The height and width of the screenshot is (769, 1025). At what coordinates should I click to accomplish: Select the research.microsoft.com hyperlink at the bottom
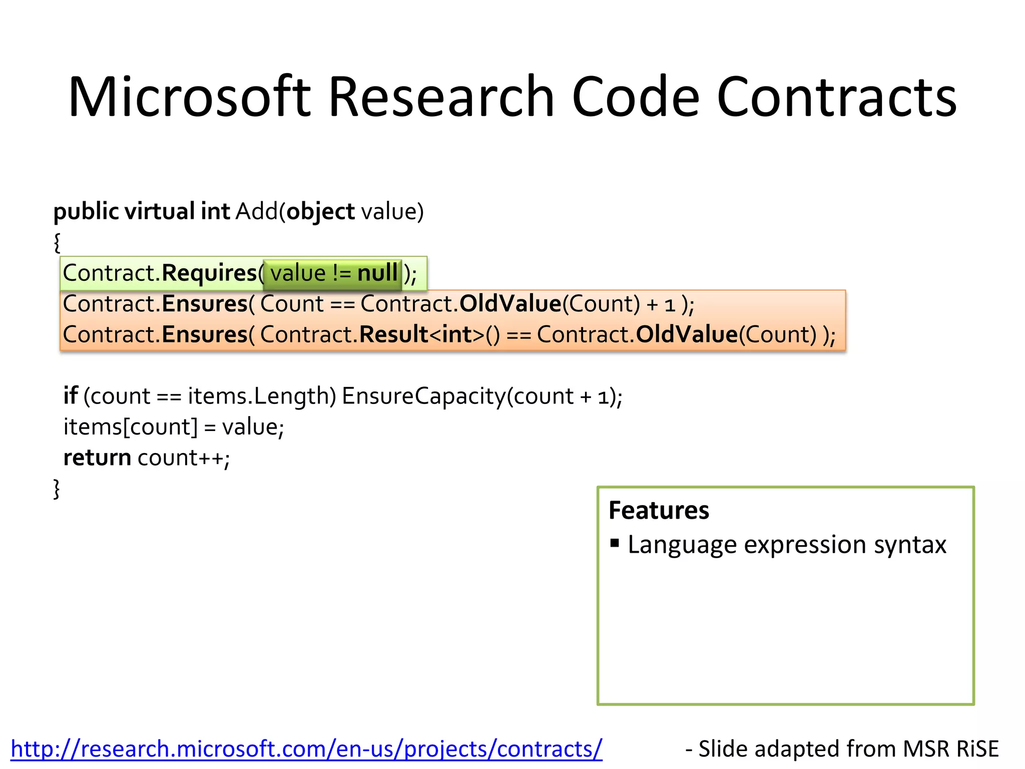pyautogui.click(x=306, y=749)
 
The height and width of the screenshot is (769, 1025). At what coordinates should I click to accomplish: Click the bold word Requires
pyautogui.click(x=209, y=273)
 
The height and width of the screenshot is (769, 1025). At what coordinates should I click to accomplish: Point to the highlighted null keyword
pyautogui.click(x=377, y=273)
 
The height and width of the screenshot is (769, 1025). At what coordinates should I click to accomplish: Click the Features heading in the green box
pyautogui.click(x=659, y=510)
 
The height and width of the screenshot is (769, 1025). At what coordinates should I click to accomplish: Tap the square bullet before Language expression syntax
pyautogui.click(x=615, y=543)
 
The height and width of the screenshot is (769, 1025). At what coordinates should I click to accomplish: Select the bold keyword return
pyautogui.click(x=97, y=458)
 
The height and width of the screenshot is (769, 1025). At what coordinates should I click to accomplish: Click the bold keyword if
pyautogui.click(x=70, y=396)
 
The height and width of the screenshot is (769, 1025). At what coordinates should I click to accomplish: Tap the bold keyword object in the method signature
pyautogui.click(x=320, y=212)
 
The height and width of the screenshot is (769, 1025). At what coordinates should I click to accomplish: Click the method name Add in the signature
pyautogui.click(x=256, y=211)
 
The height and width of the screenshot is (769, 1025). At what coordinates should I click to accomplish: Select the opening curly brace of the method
pyautogui.click(x=57, y=243)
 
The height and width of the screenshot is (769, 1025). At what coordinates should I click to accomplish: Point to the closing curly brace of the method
pyautogui.click(x=57, y=489)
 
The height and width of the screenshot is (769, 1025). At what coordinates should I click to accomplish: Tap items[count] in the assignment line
pyautogui.click(x=131, y=427)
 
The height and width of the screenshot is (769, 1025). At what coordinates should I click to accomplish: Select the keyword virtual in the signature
pyautogui.click(x=159, y=211)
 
